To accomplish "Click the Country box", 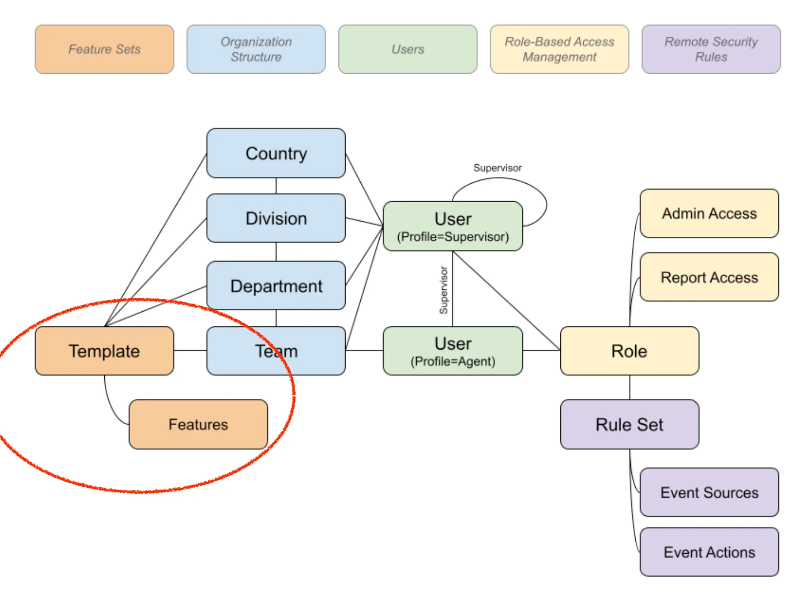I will click(276, 153).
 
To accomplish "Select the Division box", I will click(276, 218).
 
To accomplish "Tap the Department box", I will click(276, 285).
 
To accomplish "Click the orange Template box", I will click(104, 351).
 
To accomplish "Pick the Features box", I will click(198, 424).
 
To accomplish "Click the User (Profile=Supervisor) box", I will click(453, 226).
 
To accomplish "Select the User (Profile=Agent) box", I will click(453, 351).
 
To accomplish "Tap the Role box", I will click(629, 351).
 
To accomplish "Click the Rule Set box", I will click(629, 424).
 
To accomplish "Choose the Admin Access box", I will click(709, 213).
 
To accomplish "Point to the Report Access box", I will click(709, 277).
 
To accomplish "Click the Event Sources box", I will click(709, 492).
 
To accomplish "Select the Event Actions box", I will click(709, 552).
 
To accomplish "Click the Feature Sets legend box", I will click(104, 49).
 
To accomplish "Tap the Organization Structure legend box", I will click(256, 49).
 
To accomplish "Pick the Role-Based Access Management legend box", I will click(559, 49).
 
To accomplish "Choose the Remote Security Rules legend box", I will click(711, 49).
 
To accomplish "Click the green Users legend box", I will click(408, 49).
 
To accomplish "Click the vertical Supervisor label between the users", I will click(443, 290).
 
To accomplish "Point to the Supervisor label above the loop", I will click(497, 168).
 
